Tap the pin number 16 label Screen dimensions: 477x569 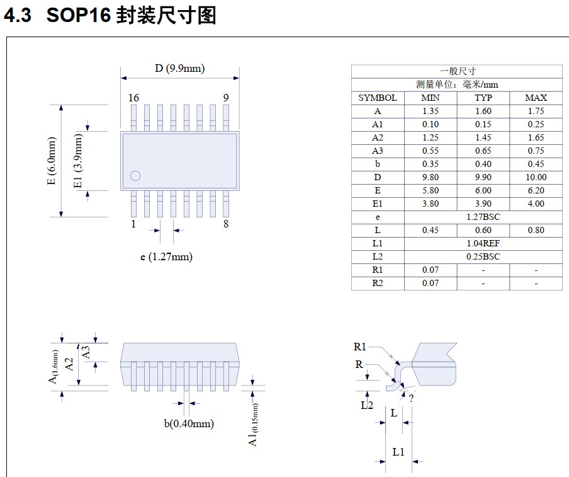tap(133, 98)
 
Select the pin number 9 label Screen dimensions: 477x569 tap(225, 98)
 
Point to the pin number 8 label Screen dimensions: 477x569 tap(226, 224)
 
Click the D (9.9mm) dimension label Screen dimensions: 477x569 tap(179, 69)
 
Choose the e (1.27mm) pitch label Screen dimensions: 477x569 tap(166, 256)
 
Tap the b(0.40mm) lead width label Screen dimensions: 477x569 tap(189, 423)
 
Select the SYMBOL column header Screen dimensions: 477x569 tap(378, 98)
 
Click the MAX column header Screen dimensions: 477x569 tap(536, 98)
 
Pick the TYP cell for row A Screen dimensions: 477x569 tap(483, 111)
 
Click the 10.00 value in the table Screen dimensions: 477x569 tap(536, 177)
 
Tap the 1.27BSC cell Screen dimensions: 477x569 tap(483, 217)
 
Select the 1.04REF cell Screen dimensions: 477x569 tap(483, 243)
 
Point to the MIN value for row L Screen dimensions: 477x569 tap(431, 230)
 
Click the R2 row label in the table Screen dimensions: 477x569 tap(378, 283)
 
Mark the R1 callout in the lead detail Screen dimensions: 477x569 tap(360, 347)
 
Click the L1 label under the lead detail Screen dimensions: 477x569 tap(398, 452)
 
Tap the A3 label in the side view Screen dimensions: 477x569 tap(86, 352)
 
